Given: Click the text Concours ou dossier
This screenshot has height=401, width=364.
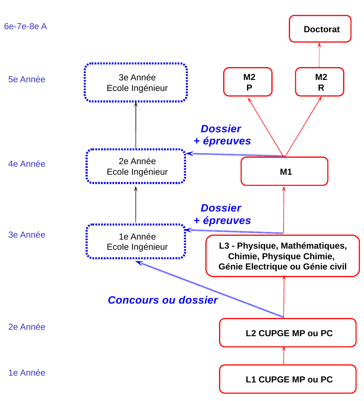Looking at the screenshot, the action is [163, 300].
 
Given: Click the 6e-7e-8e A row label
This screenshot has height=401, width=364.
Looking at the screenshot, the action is [25, 26].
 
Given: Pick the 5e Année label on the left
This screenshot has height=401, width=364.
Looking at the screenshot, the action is [27, 79].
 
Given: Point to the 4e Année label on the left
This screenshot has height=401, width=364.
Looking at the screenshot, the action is [27, 164].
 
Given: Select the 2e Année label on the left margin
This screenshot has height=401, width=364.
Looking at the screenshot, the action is [27, 327].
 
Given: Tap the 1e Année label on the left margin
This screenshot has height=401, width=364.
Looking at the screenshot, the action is [27, 373].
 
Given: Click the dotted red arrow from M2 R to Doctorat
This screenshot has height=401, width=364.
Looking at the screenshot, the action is [319, 55].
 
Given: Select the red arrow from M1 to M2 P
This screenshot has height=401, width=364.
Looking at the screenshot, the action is [266, 127].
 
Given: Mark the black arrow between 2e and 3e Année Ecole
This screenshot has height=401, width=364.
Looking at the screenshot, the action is [136, 125].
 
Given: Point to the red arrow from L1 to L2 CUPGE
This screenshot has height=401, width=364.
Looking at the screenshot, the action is [284, 356].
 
